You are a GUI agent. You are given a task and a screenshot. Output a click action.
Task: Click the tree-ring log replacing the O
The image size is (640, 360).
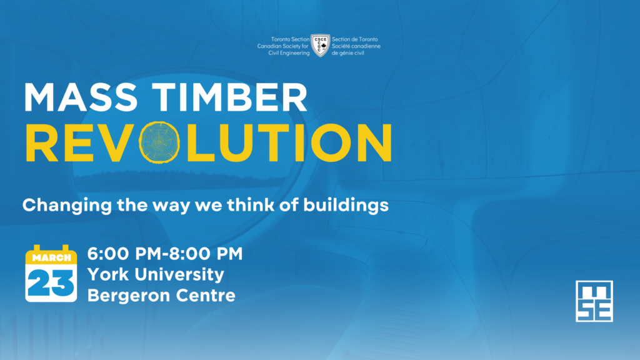click(159, 142)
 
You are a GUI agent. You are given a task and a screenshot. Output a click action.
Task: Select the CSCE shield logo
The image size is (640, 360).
click(321, 45)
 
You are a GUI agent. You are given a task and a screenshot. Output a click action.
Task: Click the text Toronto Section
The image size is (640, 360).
click(290, 39)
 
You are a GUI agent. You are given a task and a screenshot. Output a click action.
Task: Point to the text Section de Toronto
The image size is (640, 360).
click(355, 39)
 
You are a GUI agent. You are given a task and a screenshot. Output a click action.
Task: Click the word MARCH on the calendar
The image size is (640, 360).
click(51, 258)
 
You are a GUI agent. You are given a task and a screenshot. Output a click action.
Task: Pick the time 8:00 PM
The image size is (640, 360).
click(206, 254)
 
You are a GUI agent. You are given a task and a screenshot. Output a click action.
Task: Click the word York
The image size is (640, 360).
click(108, 274)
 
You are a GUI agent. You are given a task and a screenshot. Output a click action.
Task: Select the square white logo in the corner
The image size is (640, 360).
click(594, 301)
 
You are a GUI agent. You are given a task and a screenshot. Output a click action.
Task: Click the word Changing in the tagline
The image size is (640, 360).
click(67, 206)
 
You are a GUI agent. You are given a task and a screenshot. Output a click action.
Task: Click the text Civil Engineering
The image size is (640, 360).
click(289, 53)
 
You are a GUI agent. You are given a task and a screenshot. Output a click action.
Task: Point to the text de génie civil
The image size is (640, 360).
click(347, 53)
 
